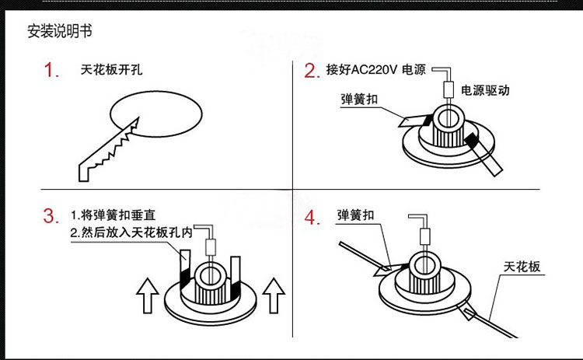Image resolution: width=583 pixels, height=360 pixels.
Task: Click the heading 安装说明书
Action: coord(59,32)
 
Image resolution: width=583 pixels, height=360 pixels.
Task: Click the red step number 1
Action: coord(52,72)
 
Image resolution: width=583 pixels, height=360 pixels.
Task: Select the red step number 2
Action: coord(312,72)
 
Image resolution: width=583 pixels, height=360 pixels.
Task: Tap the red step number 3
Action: coord(51,216)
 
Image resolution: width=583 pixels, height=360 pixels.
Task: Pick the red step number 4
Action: coord(312,216)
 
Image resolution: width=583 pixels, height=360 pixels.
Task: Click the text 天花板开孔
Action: coord(111,69)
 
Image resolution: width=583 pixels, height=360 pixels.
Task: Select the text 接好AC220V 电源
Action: coord(376,70)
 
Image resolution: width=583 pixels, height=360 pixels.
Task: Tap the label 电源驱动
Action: coord(485,90)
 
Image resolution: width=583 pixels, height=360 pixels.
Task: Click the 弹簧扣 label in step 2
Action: coord(359,99)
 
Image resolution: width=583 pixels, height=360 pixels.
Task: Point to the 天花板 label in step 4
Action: coord(522,267)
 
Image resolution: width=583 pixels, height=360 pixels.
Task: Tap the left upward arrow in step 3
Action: coord(146,296)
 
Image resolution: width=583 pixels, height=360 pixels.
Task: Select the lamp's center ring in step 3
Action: coord(209,274)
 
